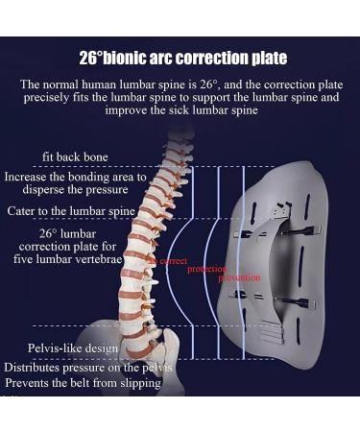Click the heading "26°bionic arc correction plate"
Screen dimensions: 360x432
pos(182,59)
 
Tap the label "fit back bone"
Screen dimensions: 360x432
pos(75,156)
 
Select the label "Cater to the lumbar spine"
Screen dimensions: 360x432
pos(69,210)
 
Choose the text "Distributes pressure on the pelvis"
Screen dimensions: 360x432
pos(87,367)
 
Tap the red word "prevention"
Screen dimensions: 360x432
pos(239,277)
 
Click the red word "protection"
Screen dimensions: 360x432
pos(206,269)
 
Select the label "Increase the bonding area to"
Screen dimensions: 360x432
pos(75,177)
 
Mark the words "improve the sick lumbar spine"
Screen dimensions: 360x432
pos(181,109)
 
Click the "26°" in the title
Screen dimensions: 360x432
pos(92,59)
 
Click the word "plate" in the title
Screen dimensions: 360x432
pos(268,59)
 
